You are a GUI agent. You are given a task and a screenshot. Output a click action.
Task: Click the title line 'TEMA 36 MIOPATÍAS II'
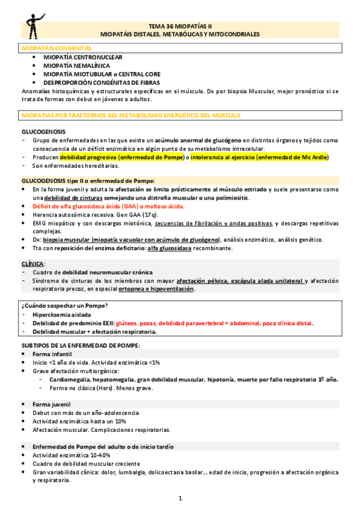[x=180, y=26]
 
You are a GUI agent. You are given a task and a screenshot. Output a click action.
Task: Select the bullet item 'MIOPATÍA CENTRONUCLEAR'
[x=81, y=56]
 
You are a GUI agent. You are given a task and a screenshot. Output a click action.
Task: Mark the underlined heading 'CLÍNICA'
[x=32, y=263]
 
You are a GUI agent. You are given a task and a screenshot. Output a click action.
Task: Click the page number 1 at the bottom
[x=180, y=499]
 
